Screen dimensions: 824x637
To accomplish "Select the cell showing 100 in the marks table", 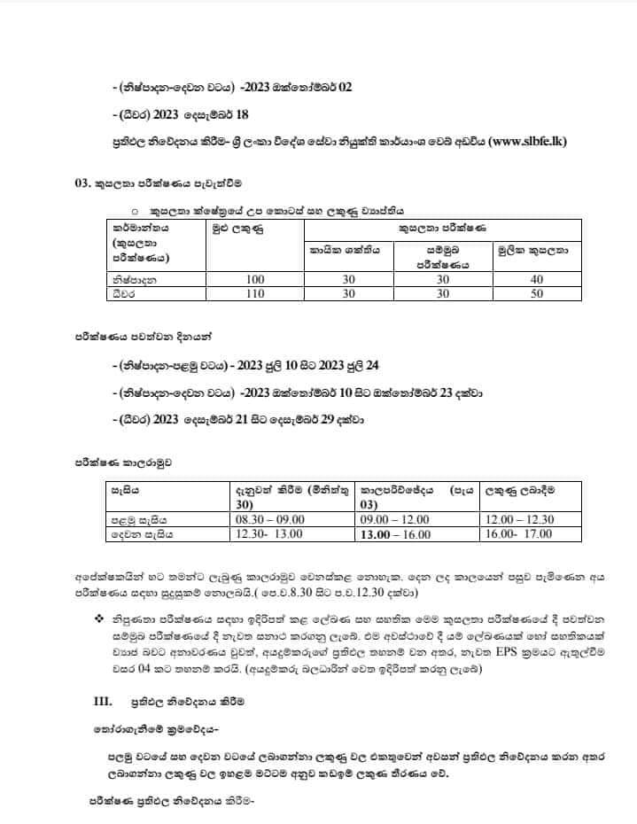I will click(x=252, y=279).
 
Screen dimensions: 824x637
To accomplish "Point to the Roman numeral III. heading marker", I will click(x=103, y=701).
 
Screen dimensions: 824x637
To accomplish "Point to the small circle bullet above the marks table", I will click(x=135, y=212).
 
